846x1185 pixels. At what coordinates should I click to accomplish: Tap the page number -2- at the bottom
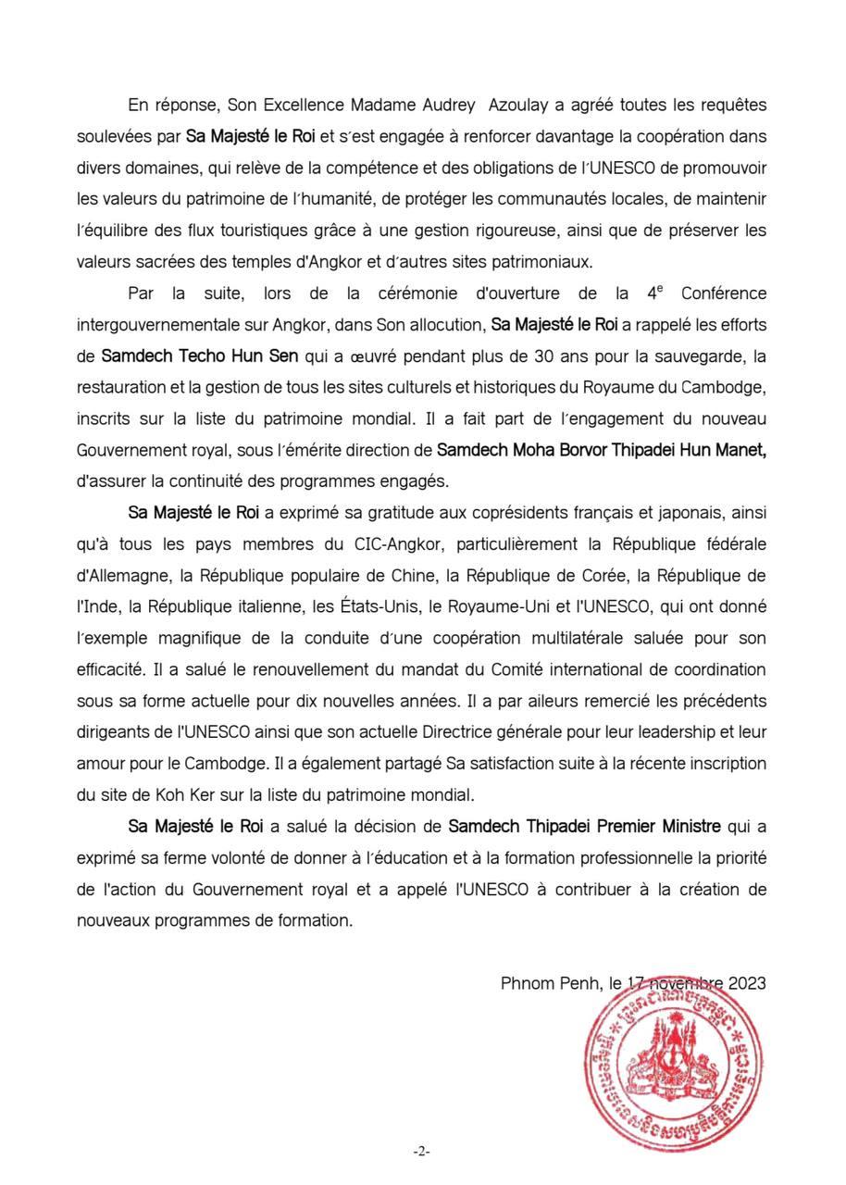point(422,1151)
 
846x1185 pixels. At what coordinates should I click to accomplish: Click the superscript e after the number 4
point(660,290)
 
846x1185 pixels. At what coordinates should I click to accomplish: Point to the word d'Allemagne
point(123,575)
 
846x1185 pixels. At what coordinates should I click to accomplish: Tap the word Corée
point(601,575)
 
